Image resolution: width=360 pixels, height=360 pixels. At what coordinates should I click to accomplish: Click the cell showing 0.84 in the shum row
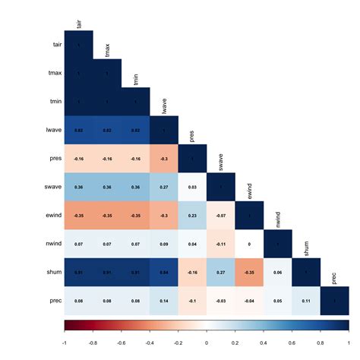164,272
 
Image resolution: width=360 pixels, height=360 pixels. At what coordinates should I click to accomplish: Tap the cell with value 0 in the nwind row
249,244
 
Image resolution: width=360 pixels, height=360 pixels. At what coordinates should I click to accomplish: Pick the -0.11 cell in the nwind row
221,244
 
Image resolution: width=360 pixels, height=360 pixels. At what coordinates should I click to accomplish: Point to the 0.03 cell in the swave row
192,187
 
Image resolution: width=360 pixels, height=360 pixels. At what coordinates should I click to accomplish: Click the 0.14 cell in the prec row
164,301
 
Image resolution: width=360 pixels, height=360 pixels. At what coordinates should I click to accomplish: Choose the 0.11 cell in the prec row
306,301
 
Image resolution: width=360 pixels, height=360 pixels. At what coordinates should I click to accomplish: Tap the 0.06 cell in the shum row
278,272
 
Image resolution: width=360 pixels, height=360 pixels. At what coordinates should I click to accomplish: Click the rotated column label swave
221,161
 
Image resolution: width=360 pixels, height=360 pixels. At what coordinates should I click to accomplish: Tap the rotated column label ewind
249,190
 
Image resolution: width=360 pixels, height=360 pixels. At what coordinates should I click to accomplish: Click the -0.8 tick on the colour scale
93,333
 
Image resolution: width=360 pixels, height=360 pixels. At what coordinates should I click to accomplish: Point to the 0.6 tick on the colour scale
292,333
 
